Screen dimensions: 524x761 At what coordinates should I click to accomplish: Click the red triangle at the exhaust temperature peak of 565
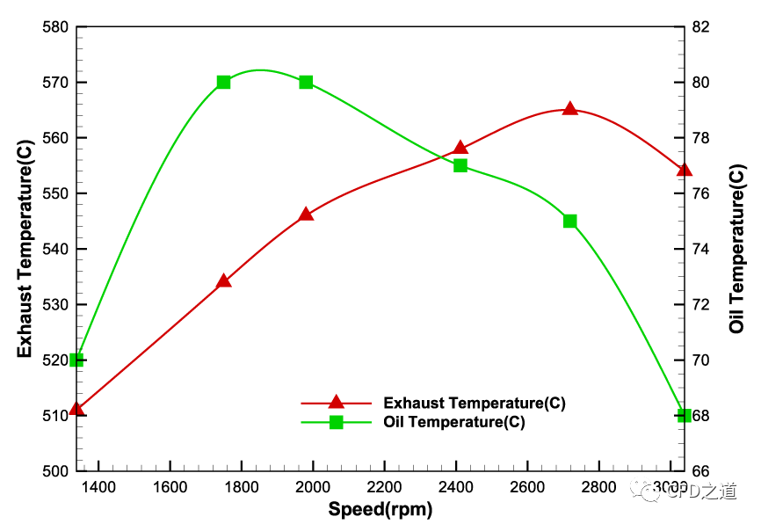pos(569,109)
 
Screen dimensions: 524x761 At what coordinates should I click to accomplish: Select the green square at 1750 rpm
pos(223,82)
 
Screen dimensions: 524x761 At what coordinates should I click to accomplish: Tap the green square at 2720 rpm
pos(569,221)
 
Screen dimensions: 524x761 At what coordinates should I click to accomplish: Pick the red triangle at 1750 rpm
pos(223,281)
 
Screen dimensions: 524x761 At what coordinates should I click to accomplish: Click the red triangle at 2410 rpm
pos(460,148)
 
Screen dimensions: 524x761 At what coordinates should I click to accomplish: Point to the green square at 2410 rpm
pos(460,165)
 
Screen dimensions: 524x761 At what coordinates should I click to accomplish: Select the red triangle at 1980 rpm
pos(306,215)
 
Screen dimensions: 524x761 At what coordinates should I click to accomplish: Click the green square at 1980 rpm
pos(306,82)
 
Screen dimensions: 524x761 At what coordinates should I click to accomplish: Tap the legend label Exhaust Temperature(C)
pos(474,404)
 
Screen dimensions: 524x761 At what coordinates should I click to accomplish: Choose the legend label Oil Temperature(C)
pos(454,422)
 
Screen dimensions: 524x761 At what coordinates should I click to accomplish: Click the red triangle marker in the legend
pos(336,403)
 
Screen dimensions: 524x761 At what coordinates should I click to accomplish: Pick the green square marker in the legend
pos(336,422)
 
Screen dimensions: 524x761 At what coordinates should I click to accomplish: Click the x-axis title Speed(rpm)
pos(380,508)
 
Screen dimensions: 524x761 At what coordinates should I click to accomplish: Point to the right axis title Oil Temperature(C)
pos(737,249)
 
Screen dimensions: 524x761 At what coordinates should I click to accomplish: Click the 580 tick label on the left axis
pos(55,26)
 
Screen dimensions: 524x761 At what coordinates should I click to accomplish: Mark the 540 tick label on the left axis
pos(55,249)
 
